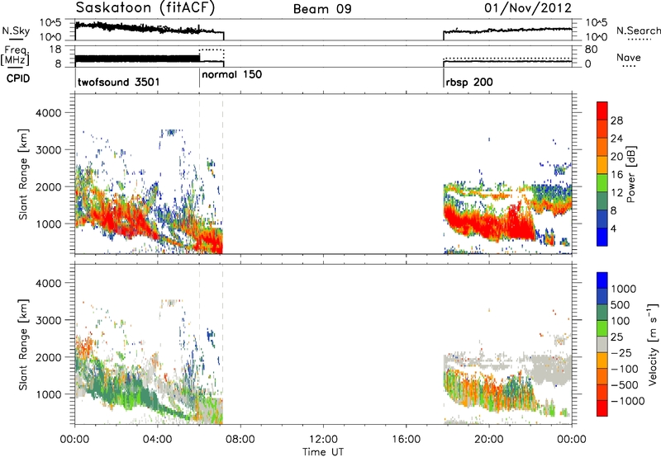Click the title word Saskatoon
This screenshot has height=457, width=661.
click(114, 7)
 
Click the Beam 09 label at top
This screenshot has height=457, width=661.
click(322, 9)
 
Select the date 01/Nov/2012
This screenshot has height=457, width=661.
click(528, 8)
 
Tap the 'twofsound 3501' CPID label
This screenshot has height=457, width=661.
click(119, 82)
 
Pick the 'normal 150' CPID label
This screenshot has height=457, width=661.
click(232, 74)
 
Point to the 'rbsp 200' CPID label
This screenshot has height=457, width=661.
click(469, 82)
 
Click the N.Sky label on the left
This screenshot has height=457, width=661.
click(16, 31)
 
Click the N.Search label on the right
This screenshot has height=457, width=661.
click(638, 31)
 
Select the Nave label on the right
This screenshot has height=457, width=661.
click(629, 57)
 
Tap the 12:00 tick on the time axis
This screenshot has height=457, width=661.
click(323, 440)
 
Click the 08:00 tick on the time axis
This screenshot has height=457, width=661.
click(240, 440)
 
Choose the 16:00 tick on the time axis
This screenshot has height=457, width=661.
click(406, 440)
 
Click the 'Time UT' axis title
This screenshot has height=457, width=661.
click(323, 452)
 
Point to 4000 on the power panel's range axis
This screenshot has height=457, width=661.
click(49, 113)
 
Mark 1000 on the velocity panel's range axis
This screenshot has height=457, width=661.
click(49, 394)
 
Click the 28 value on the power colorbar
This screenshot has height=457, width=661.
click(616, 121)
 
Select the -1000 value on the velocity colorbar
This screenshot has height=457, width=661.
click(628, 401)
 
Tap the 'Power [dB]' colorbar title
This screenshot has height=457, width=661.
click(630, 174)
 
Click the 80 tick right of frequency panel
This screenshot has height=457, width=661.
click(591, 49)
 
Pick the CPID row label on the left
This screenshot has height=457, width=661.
click(18, 78)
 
